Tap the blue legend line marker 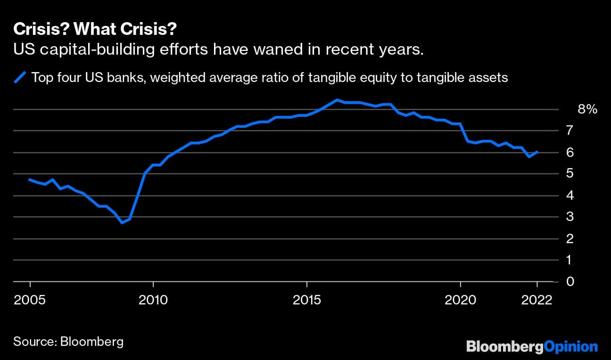[x=21, y=77]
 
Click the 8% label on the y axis [x=587, y=109]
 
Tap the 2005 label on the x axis [x=30, y=300]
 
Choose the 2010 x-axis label [x=153, y=300]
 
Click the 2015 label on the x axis [x=307, y=300]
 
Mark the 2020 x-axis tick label [x=460, y=300]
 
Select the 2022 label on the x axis [x=537, y=300]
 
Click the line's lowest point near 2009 [x=122, y=222]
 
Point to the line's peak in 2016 [x=337, y=100]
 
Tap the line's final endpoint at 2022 [x=537, y=152]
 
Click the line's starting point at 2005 [x=30, y=180]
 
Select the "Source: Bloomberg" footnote [x=68, y=341]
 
